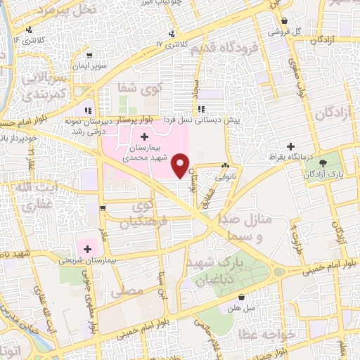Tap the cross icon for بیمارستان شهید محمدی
[x=144, y=136]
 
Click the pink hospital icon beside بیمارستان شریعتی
[x=88, y=247]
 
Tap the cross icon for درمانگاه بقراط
[x=290, y=146]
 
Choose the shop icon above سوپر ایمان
[x=89, y=54]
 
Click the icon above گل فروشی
[x=285, y=22]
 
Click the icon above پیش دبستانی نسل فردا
[x=202, y=109]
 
